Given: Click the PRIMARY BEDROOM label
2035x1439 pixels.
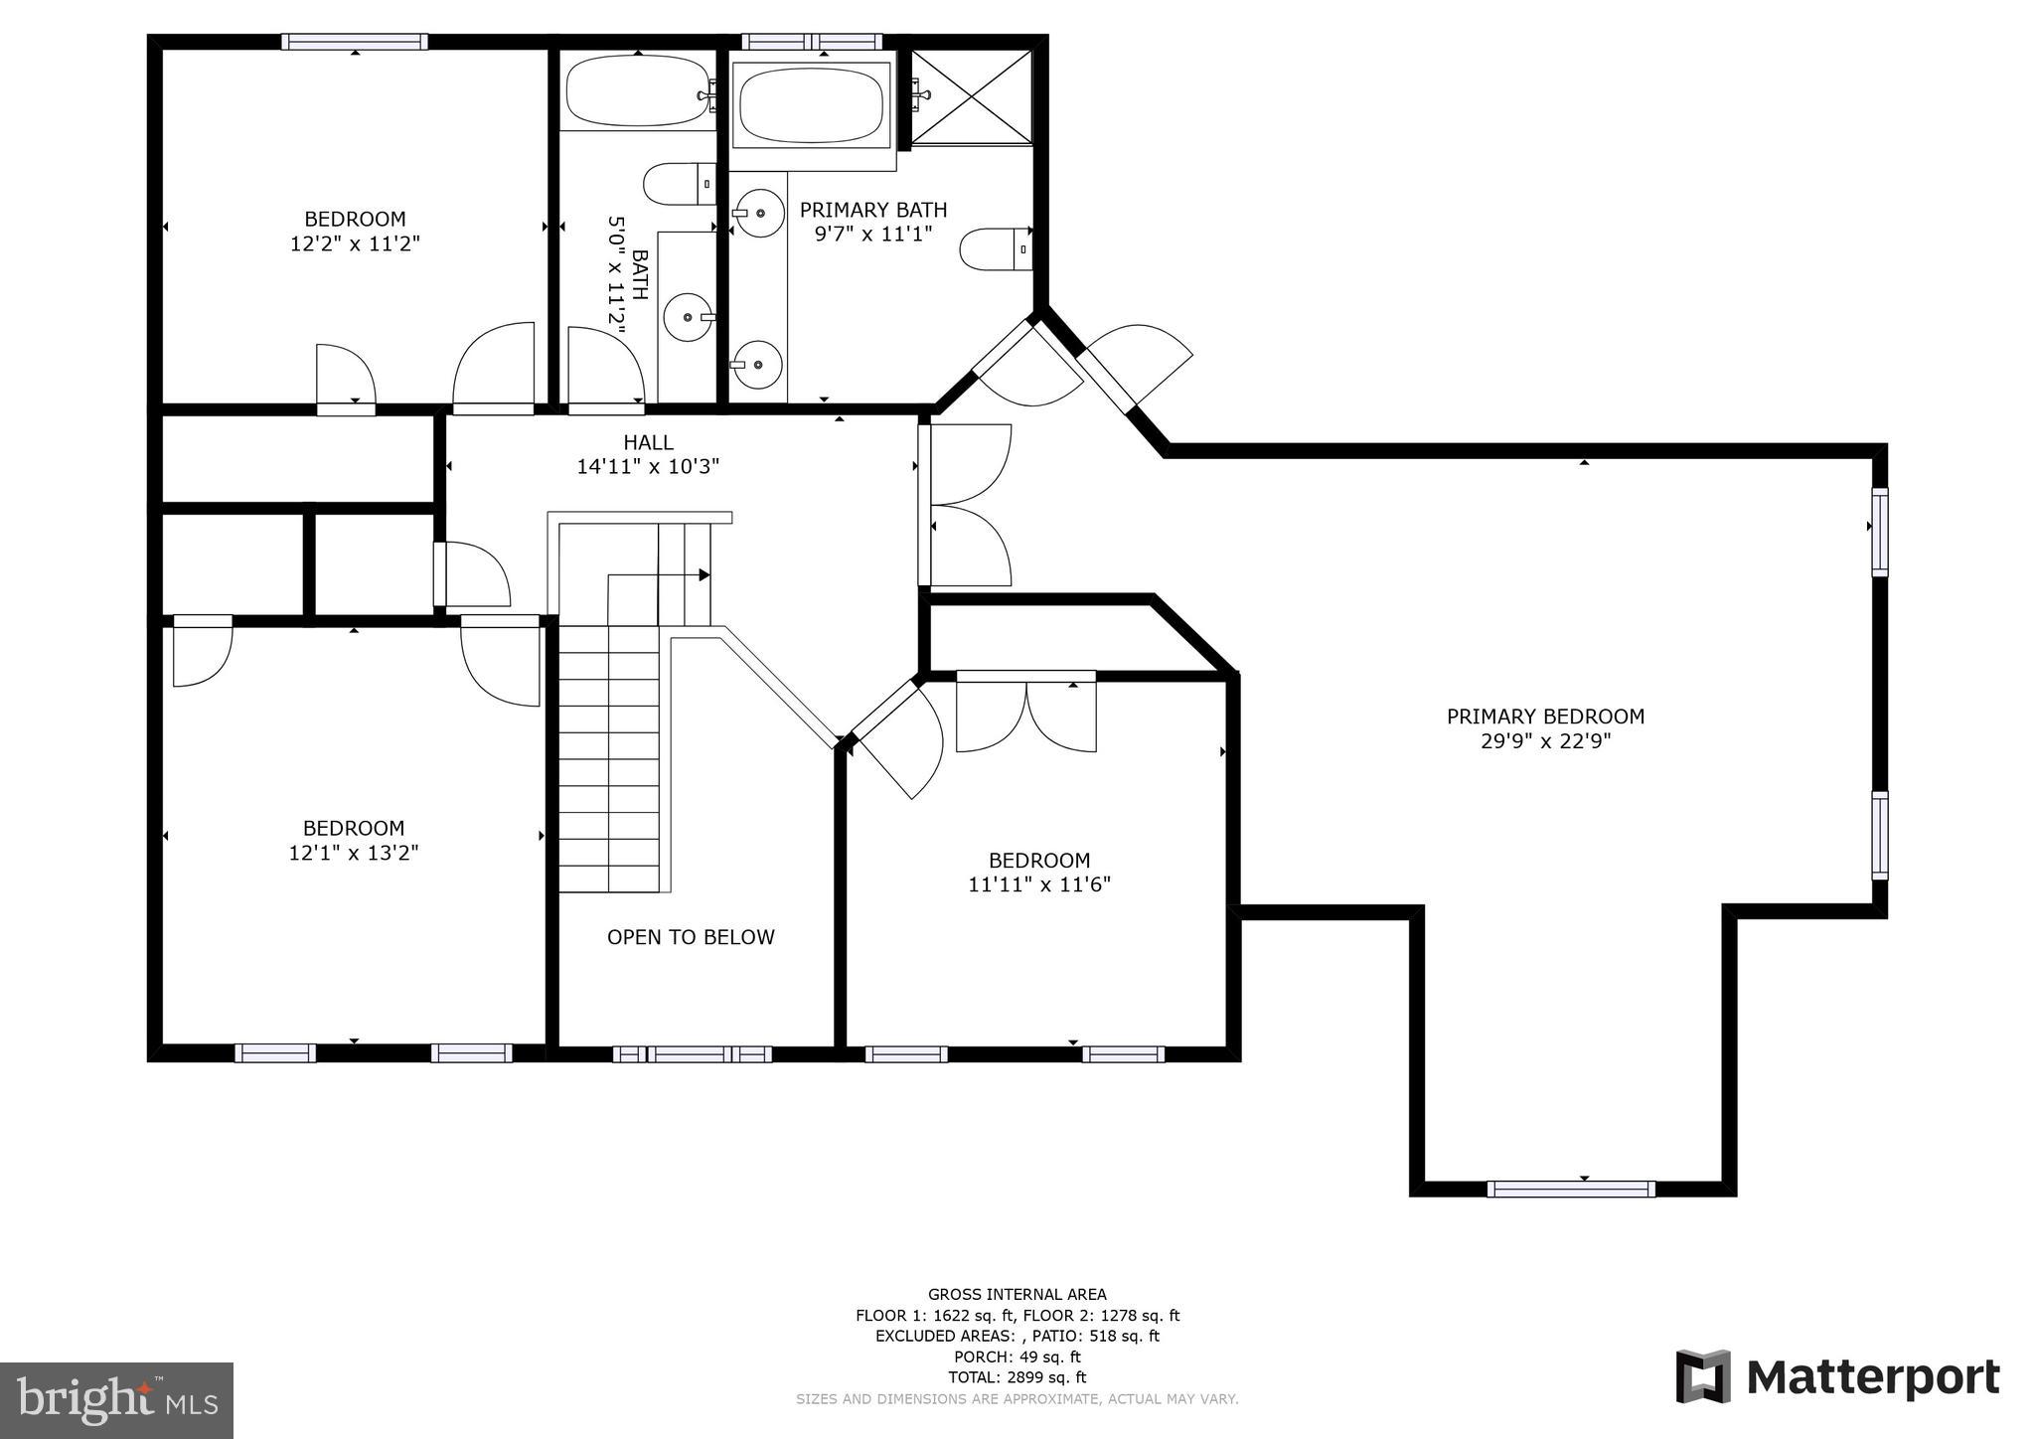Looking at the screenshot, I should [1545, 717].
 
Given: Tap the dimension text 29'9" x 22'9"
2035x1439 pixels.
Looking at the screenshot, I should [1545, 741].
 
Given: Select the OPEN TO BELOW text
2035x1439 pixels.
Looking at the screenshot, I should [691, 937].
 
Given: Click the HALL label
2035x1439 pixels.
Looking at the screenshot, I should [648, 442].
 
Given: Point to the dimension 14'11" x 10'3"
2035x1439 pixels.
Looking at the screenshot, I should [648, 466].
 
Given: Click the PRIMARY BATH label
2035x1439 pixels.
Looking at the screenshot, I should [872, 210].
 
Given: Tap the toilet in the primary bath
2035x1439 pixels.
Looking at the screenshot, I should [995, 248].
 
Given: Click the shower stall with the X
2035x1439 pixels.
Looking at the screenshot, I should [972, 97].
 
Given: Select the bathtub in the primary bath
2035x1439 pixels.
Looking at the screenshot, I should [812, 104].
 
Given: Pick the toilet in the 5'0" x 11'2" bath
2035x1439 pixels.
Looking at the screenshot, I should [678, 184].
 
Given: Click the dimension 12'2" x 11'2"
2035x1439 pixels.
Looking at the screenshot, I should [355, 243].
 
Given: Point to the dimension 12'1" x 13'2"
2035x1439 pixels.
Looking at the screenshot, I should [354, 853].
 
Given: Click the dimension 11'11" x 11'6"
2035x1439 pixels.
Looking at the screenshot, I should [1039, 884].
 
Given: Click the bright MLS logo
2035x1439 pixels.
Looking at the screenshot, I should [116, 1400].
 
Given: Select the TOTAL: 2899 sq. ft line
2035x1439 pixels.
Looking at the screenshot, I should [1017, 1377].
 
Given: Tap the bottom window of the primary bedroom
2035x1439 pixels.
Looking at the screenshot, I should [1570, 1189].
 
